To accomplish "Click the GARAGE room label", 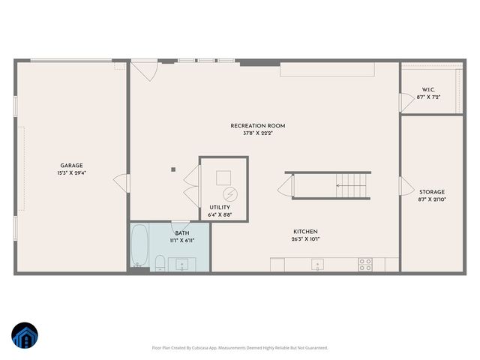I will pyautogui.click(x=71, y=166).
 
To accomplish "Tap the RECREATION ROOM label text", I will pyautogui.click(x=257, y=126).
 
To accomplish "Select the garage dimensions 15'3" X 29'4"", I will pyautogui.click(x=71, y=173).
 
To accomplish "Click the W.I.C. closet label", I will pyautogui.click(x=428, y=90).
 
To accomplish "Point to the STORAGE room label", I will pyautogui.click(x=431, y=192).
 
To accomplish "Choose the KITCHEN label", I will pyautogui.click(x=305, y=232).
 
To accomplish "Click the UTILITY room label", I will pyautogui.click(x=220, y=207).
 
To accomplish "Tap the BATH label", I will pyautogui.click(x=182, y=233).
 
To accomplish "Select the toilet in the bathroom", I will pyautogui.click(x=160, y=262).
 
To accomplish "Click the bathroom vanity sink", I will pyautogui.click(x=182, y=263).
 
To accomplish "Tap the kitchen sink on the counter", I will pyautogui.click(x=318, y=264).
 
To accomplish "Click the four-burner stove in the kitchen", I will pyautogui.click(x=365, y=264).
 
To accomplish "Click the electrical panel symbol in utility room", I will pyautogui.click(x=232, y=193).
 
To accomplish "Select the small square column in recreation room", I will pyautogui.click(x=173, y=170).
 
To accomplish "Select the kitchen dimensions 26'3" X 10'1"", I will pyautogui.click(x=305, y=240).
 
